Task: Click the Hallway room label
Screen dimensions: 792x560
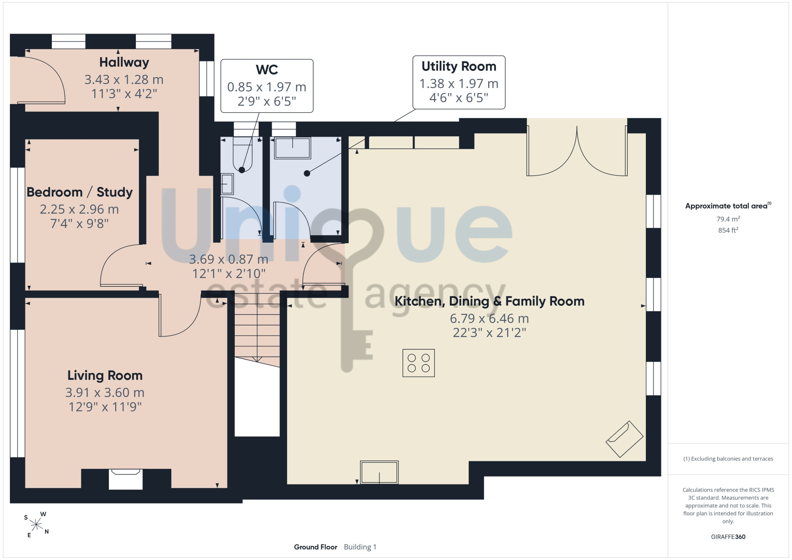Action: point(124,63)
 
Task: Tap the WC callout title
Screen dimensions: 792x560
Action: point(267,70)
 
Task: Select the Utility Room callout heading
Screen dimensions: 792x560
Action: point(459,67)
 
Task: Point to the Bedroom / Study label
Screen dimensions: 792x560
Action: point(80,192)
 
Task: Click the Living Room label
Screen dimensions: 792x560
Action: point(105,375)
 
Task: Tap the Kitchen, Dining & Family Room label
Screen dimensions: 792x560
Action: point(489,301)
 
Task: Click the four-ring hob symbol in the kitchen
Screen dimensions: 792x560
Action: point(419,363)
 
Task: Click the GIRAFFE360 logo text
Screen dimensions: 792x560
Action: point(728,537)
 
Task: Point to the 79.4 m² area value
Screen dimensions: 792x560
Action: point(728,219)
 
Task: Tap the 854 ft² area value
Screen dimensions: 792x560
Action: point(728,230)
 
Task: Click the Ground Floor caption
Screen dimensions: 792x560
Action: point(316,547)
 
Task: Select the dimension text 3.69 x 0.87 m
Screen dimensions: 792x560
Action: point(228,259)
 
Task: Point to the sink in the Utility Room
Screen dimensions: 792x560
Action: point(293,148)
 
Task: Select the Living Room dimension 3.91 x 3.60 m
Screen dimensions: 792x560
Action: point(105,393)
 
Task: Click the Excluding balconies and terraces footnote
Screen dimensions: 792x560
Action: point(728,459)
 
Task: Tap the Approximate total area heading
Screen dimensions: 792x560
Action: point(728,206)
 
